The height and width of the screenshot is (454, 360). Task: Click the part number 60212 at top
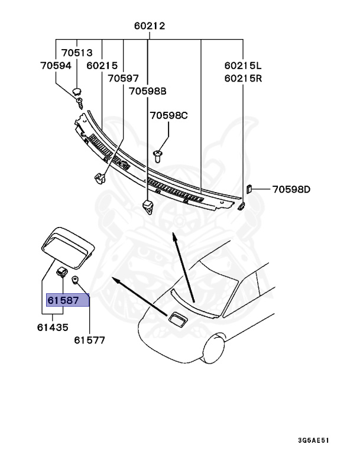coord(149,26)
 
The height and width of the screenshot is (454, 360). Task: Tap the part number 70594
coord(56,66)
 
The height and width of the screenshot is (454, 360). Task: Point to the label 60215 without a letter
coord(101,66)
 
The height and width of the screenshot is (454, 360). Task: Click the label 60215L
coord(242,66)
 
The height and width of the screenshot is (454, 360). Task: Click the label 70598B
coord(148,91)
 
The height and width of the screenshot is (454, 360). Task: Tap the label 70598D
coord(291,190)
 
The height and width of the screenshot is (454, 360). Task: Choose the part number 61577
coord(89,339)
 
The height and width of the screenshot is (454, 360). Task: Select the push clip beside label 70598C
coord(158,156)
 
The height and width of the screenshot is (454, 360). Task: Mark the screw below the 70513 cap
coord(79,105)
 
